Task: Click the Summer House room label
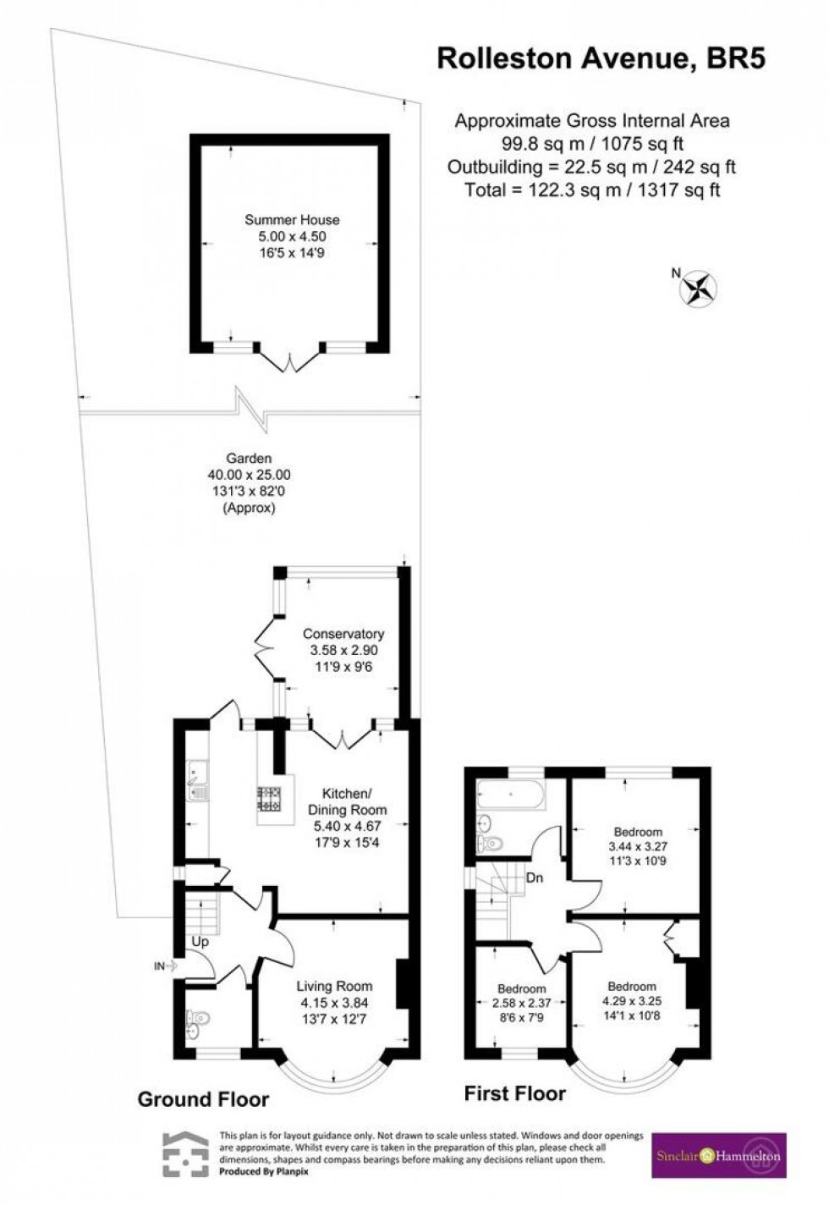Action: coord(292,220)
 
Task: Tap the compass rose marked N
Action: coord(699,289)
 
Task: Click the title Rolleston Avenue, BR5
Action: coord(601,58)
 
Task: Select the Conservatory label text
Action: coord(343,634)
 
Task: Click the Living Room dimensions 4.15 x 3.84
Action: coord(334,1003)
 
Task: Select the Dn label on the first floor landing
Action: coord(534,878)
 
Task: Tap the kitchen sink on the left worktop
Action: coord(197,778)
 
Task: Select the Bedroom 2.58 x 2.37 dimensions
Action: coord(522,1004)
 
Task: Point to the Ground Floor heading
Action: coord(203,1099)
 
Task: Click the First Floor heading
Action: coord(514,1093)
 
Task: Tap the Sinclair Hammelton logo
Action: coord(719,1156)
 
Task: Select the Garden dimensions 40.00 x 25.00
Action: coord(249,476)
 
